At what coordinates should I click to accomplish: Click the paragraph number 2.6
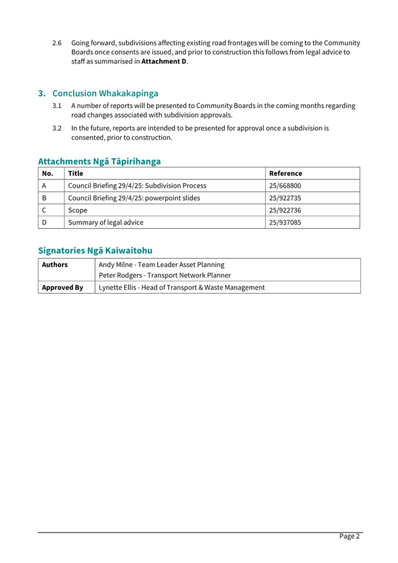tap(57, 43)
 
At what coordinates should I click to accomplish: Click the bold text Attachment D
tap(164, 61)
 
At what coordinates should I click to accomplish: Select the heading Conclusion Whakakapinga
tap(105, 93)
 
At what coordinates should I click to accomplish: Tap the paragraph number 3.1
tap(57, 106)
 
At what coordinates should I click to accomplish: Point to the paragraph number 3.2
tap(57, 128)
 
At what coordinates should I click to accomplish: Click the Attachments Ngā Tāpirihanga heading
tap(99, 161)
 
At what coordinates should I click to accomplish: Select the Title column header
tap(75, 174)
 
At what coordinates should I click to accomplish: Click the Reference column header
tap(285, 174)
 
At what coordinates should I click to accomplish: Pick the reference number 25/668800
tap(285, 186)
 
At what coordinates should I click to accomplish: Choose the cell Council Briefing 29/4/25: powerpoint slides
tap(134, 198)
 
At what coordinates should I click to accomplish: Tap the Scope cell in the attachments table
tap(77, 210)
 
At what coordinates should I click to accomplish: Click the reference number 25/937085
tap(285, 222)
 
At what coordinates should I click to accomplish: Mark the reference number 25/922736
tap(285, 210)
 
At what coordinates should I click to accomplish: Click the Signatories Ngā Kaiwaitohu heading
tap(95, 250)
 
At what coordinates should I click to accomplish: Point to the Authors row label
tap(55, 264)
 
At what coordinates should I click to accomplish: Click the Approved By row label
tap(62, 287)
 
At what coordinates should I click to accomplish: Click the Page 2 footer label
tap(349, 536)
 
